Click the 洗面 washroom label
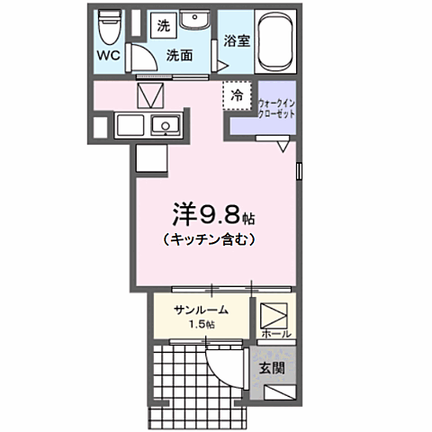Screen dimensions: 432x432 pos(179,55)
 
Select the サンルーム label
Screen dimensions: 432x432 pos(200,310)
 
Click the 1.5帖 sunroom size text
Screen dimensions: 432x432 pos(200,324)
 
